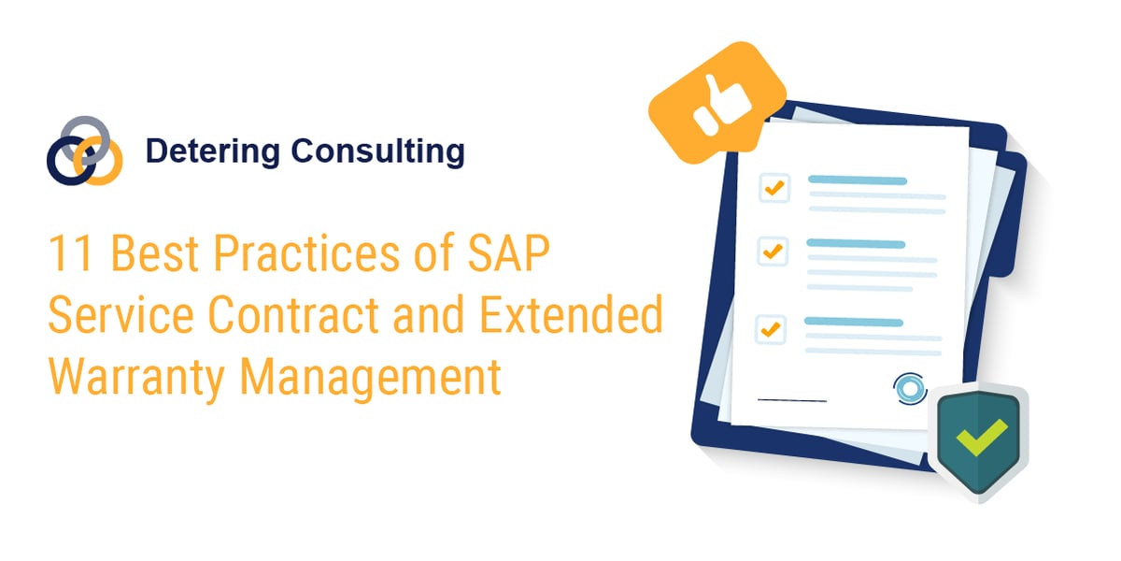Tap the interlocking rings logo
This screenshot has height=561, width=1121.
(x=84, y=151)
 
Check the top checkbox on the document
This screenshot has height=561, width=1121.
(x=774, y=187)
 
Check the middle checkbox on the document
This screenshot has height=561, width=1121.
(x=772, y=252)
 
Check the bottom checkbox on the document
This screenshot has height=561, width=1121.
(x=770, y=329)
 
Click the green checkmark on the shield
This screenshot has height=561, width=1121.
(x=980, y=434)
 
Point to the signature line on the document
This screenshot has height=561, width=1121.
(x=791, y=400)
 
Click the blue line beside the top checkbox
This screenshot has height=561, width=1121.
(x=857, y=180)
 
